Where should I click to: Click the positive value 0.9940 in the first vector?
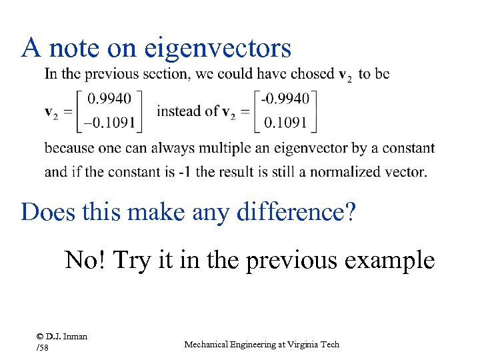[110, 99]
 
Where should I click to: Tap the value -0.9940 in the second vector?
[285, 99]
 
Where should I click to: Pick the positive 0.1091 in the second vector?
[285, 122]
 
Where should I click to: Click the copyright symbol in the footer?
[40, 337]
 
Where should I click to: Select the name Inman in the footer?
[75, 337]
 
